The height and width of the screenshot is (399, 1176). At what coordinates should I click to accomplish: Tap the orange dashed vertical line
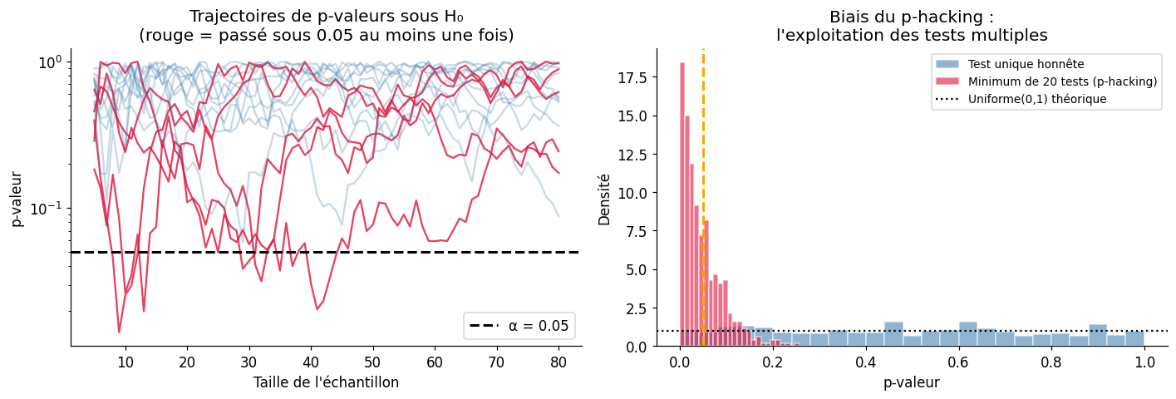coord(703,166)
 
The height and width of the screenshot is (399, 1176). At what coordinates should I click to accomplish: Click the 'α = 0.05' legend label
coord(536,326)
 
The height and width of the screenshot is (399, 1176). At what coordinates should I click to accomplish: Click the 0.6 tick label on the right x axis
coord(958,362)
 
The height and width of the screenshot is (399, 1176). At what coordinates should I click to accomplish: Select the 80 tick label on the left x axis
coord(558,362)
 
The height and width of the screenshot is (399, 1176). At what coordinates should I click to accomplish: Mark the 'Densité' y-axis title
coord(603,199)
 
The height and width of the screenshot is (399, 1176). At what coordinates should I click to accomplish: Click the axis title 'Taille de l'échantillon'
coord(326,382)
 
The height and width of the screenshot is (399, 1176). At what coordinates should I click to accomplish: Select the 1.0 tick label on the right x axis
coord(1144,362)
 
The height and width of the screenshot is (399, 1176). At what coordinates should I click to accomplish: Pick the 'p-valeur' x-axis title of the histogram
coord(912,382)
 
